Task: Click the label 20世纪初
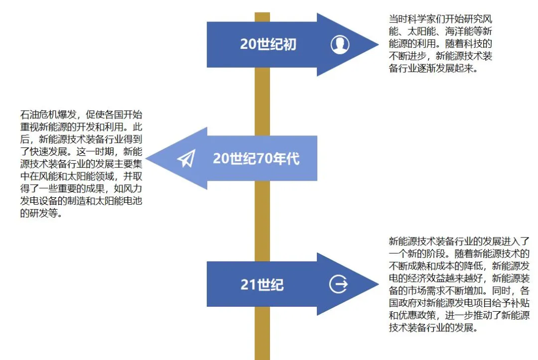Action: (x=268, y=44)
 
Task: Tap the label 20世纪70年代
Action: (x=257, y=158)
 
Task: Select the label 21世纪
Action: (x=262, y=285)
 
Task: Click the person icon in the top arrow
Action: (x=340, y=45)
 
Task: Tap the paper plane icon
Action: (x=186, y=158)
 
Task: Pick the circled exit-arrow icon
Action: (x=339, y=284)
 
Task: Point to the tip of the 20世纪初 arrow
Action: (x=379, y=44)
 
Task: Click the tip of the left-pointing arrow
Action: (x=146, y=158)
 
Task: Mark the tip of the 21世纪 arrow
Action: (x=379, y=284)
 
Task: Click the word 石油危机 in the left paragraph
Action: (x=39, y=115)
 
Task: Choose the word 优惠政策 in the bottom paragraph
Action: (x=417, y=315)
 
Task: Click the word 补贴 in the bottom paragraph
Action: (x=520, y=303)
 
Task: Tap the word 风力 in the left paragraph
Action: (x=133, y=189)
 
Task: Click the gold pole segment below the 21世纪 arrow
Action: (x=262, y=333)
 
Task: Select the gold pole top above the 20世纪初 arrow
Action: (x=262, y=17)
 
